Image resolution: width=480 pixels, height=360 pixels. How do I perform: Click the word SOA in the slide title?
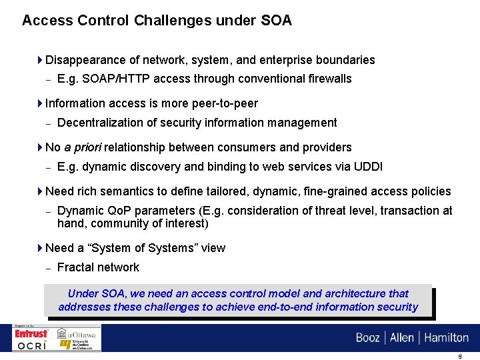pos(276,20)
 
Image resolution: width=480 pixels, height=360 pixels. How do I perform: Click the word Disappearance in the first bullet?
pos(84,60)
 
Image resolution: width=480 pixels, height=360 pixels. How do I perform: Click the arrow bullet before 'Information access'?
pos(40,103)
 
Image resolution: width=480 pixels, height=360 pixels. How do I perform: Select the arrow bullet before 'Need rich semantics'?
pos(40,191)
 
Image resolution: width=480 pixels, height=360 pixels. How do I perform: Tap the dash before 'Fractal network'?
pos(48,268)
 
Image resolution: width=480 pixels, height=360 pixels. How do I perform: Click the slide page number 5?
pos(460,356)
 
